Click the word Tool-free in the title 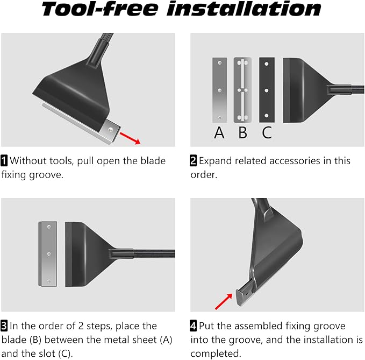tap(100, 9)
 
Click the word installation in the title tap(244, 9)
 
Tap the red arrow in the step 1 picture tap(130, 138)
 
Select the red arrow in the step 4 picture tap(224, 301)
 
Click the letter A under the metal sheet tap(219, 132)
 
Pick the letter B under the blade tap(243, 132)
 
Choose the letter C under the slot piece tap(267, 132)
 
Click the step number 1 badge tap(4, 160)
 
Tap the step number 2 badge tap(194, 160)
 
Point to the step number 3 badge tap(4, 326)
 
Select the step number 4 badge tap(194, 326)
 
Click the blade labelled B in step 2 tap(243, 90)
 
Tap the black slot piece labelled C tap(267, 90)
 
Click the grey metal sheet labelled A tap(219, 90)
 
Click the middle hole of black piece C tap(267, 90)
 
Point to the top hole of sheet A tap(219, 63)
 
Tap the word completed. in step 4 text tap(216, 354)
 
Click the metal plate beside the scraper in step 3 tap(48, 254)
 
